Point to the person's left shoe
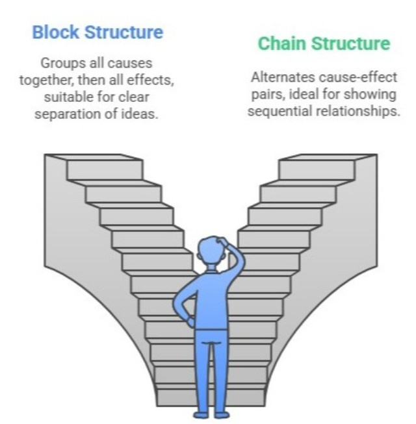coord(198,414)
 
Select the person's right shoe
coord(222,414)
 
